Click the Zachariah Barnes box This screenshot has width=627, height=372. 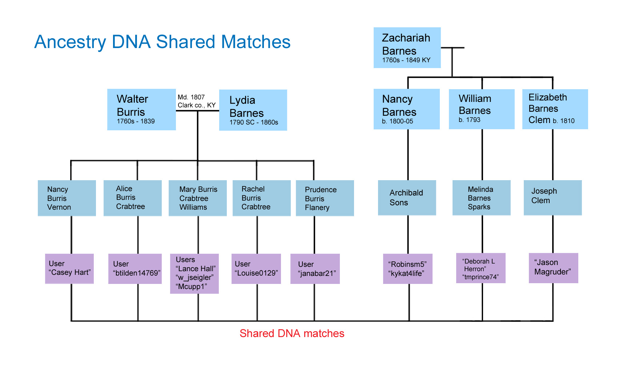coord(407,48)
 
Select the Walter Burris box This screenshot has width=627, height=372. coord(141,110)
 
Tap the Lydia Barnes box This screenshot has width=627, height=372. coord(253,110)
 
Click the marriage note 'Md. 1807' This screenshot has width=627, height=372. coord(191,97)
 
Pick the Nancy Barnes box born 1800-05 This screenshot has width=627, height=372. coord(406,109)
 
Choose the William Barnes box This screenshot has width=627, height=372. coord(482,109)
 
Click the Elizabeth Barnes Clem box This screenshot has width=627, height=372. coord(555,109)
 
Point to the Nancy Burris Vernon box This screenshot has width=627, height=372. coord(67,198)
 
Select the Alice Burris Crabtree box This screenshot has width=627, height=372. coord(133,198)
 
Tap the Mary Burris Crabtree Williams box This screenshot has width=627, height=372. coord(198,198)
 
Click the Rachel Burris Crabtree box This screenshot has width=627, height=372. coord(262,198)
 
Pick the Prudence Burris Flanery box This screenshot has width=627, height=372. coord(325,198)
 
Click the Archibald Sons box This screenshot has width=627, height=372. coord(407,198)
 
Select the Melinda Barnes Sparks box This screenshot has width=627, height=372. coord(482,198)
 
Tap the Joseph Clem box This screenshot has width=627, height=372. coord(553,198)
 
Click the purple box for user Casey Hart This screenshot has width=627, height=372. coord(69,269)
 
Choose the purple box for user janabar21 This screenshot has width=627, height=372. coord(315,269)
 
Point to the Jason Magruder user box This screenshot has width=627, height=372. coord(554,268)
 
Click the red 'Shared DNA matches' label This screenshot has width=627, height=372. coord(292,333)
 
